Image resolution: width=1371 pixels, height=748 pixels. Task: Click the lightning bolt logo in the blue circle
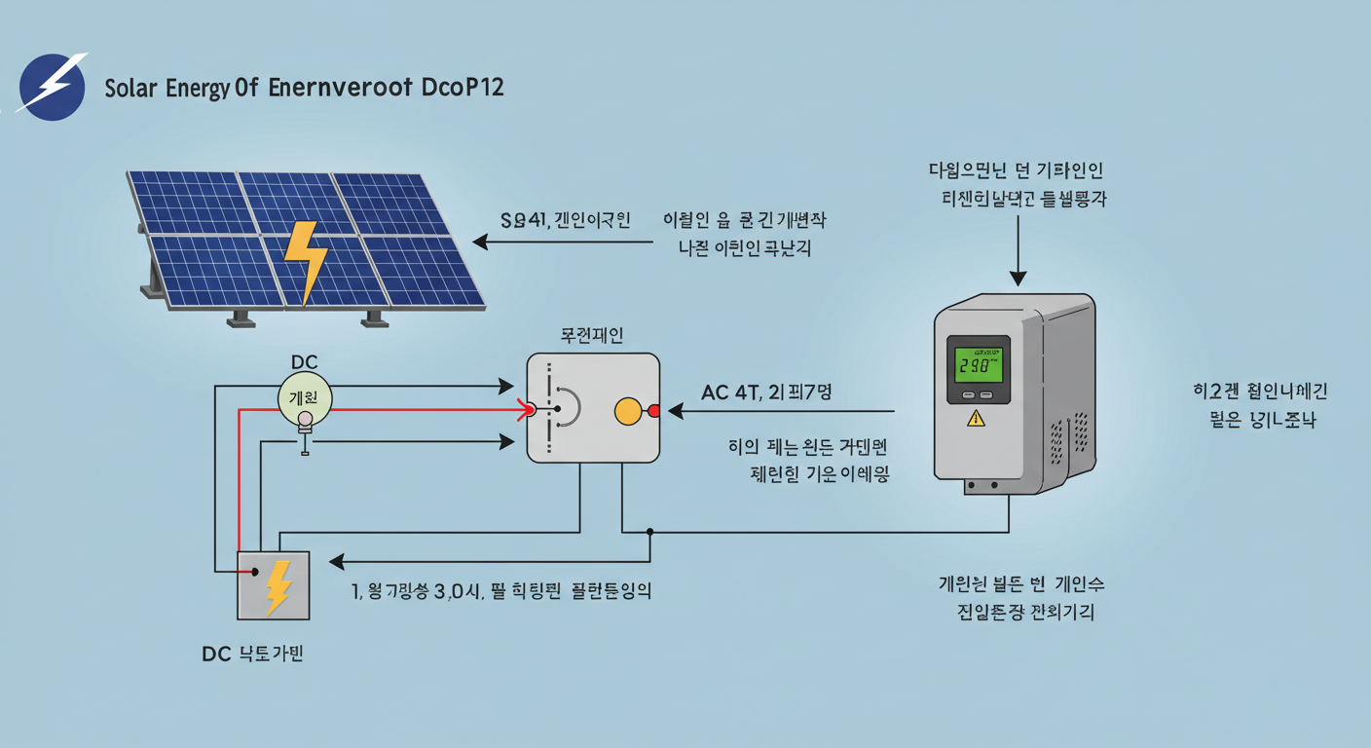(53, 86)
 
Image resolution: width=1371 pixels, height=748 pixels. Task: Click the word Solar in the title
(129, 88)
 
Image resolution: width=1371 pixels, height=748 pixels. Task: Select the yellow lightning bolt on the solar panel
(305, 259)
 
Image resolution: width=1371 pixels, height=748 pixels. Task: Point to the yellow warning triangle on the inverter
(976, 419)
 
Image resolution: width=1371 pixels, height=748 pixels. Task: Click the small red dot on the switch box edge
(654, 411)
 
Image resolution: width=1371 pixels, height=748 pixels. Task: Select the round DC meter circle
(305, 397)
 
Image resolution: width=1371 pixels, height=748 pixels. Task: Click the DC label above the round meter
(305, 362)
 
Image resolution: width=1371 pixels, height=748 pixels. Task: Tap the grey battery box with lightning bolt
(274, 585)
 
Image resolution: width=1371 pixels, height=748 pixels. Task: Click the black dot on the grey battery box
(255, 572)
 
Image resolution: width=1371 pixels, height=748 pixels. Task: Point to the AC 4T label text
(730, 392)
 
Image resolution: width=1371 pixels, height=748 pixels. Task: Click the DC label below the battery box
(215, 654)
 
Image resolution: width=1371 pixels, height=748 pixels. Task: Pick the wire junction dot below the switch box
(650, 532)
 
